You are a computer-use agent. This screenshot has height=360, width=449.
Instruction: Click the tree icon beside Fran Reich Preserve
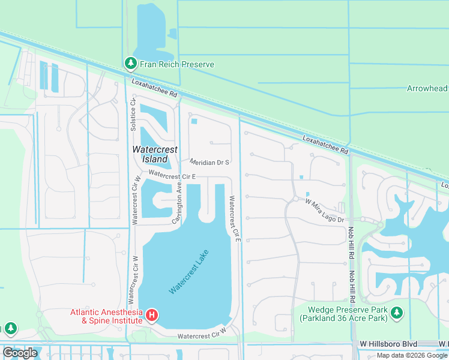130,63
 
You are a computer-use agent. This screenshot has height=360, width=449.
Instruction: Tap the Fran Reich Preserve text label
176,64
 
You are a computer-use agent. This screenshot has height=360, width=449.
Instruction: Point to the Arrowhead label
427,89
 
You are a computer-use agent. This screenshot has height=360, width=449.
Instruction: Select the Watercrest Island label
149,154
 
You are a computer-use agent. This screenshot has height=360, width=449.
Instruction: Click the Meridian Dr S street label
210,163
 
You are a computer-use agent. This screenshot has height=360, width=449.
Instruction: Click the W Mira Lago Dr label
324,211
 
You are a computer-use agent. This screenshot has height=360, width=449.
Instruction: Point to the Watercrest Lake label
191,272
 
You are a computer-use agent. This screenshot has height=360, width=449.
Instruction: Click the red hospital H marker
152,315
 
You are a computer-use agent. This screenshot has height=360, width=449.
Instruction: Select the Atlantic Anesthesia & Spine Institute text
106,316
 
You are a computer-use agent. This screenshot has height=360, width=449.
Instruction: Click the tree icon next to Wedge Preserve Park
396,313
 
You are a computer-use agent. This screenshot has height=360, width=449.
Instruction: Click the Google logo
20,353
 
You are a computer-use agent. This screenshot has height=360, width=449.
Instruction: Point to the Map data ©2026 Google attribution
412,355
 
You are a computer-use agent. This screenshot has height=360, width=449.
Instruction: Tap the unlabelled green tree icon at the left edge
10,328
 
